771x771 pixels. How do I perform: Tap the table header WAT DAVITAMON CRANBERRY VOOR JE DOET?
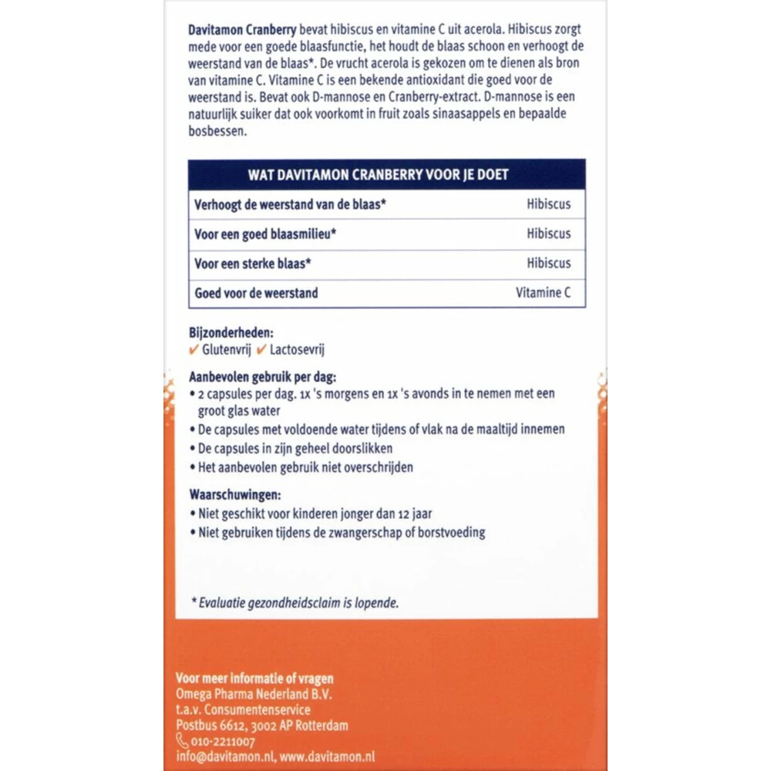[x=387, y=174]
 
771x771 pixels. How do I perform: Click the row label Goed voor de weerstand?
[x=257, y=293]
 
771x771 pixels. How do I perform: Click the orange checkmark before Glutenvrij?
[x=194, y=350]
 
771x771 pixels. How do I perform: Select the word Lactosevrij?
[x=297, y=350]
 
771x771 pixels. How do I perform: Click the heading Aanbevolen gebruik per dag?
[x=263, y=377]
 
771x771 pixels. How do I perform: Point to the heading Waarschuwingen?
[x=235, y=495]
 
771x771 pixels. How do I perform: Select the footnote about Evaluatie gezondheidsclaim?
[x=295, y=603]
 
